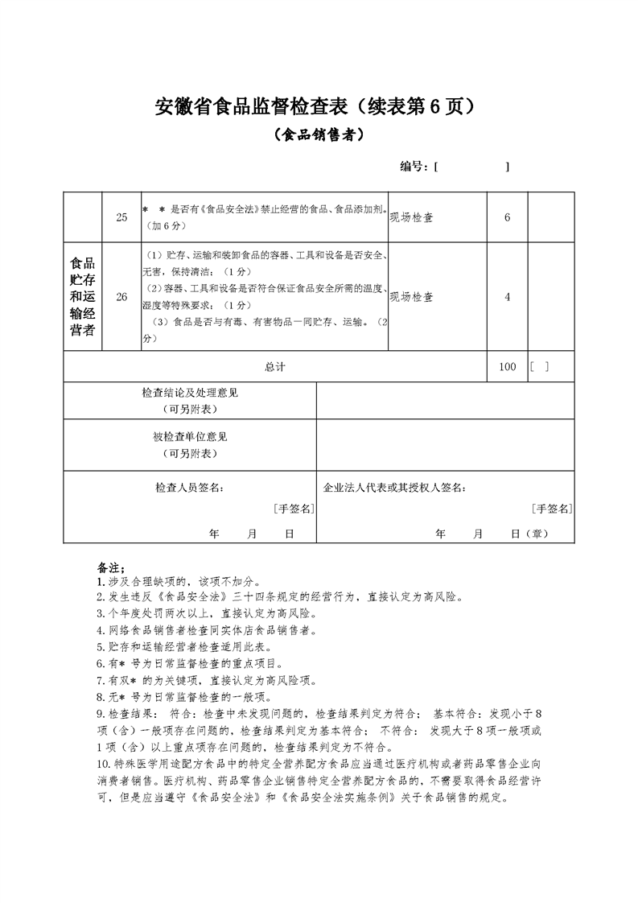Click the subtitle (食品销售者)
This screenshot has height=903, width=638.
[x=319, y=136]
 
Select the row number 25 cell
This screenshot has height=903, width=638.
[x=121, y=217]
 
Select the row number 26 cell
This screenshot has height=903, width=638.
[x=121, y=296]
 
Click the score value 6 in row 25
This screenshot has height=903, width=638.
[x=507, y=217]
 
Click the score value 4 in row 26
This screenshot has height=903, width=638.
[x=507, y=296]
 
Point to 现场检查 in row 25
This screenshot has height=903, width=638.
[x=412, y=217]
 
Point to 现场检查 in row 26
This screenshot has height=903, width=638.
[x=412, y=296]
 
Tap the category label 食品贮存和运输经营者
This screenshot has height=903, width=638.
[x=83, y=296]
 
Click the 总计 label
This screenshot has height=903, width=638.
[x=275, y=367]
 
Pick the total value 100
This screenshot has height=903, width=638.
[x=507, y=367]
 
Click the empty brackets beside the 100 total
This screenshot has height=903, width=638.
[x=540, y=367]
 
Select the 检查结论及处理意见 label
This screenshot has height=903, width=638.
[x=190, y=393]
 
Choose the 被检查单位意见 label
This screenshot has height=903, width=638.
[x=190, y=437]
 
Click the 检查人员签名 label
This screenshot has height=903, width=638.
[x=190, y=488]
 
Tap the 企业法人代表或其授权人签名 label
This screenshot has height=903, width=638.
[x=394, y=488]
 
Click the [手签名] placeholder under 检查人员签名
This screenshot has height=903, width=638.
[x=293, y=509]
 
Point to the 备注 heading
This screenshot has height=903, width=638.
[x=108, y=567]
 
